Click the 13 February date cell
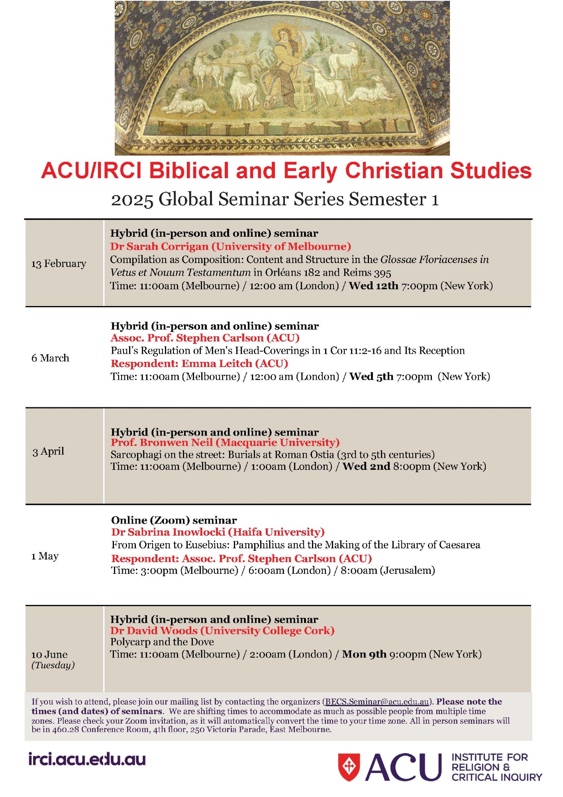tap(59, 263)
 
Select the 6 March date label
tap(50, 358)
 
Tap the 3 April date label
tap(48, 451)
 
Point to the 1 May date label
tap(45, 556)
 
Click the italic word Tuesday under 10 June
tap(53, 665)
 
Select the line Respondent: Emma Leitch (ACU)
tap(199, 363)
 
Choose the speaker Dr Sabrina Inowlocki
tap(168, 532)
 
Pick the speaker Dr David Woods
tap(154, 630)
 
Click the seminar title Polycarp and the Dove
tap(162, 642)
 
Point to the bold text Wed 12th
tap(373, 286)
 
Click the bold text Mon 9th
tap(364, 654)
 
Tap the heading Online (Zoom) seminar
tap(174, 520)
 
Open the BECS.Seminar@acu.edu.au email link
tap(377, 702)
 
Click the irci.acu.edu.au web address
tap(87, 759)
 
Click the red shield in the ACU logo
tap(349, 767)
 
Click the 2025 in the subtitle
tap(132, 199)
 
